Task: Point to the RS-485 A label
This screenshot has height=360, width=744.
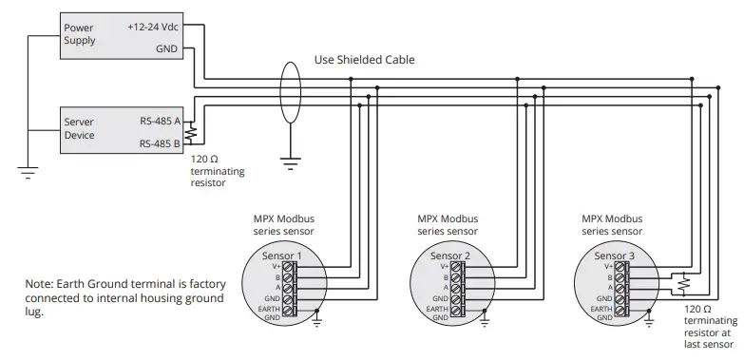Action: coord(160,122)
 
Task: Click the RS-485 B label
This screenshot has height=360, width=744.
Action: coord(160,143)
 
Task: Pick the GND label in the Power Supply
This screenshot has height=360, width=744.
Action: coord(168,47)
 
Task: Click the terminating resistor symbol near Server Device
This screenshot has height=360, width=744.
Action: coord(190,133)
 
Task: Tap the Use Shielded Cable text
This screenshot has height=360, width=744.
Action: coord(365,60)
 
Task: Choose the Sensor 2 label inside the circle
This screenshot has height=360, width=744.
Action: coord(450,256)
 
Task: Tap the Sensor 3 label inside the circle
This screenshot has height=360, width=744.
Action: coord(615,256)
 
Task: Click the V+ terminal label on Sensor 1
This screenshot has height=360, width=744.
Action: coord(272,267)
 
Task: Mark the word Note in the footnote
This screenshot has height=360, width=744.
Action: coord(40,284)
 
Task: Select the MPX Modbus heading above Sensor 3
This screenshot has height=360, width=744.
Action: coord(613,218)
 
